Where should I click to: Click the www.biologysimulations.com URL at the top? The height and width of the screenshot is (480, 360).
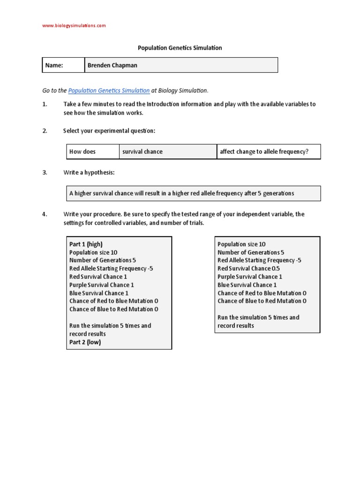[x=74, y=25]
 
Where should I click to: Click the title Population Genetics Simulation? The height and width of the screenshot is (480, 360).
[x=180, y=48]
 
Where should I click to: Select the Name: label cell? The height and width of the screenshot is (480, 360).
[x=63, y=65]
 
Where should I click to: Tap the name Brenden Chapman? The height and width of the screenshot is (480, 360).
[x=112, y=65]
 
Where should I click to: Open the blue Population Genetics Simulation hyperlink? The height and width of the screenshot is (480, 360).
[x=109, y=90]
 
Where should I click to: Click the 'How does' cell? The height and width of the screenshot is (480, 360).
[x=92, y=152]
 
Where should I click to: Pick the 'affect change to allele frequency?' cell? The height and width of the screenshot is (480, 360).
[x=264, y=152]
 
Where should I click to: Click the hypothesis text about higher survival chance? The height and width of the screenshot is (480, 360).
[x=182, y=193]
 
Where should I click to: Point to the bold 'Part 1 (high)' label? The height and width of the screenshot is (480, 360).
[x=86, y=244]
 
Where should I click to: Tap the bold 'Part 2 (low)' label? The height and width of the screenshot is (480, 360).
[x=85, y=342]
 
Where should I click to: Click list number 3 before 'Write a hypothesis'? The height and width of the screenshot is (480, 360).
[x=45, y=172]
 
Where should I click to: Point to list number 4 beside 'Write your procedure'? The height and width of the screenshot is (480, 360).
[x=45, y=214]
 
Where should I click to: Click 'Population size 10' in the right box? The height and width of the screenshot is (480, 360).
[x=241, y=244]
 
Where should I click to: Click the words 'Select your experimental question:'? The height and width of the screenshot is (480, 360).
[x=109, y=131]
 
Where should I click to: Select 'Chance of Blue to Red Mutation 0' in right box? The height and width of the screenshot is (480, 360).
[x=262, y=301]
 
